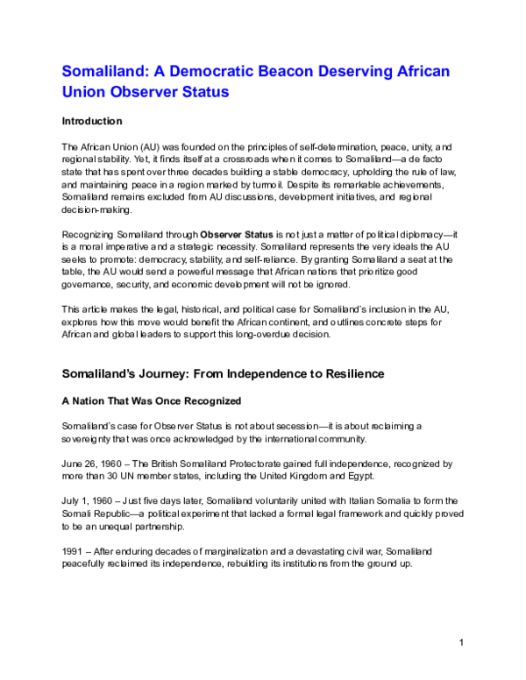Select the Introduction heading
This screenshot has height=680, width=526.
(92, 121)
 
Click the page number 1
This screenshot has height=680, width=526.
(461, 645)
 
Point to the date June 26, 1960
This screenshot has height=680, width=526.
(89, 462)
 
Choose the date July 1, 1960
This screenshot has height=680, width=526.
(86, 499)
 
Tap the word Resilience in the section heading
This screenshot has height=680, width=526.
(342, 373)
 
